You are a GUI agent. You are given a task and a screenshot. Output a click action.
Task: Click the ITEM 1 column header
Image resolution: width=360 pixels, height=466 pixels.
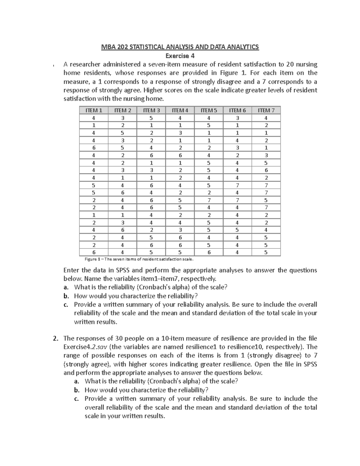pos(94,110)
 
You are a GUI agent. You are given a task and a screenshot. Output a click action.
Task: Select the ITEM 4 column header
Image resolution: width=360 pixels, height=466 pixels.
pos(180,110)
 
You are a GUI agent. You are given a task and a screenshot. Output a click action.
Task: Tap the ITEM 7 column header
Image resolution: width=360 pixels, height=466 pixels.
pos(266,110)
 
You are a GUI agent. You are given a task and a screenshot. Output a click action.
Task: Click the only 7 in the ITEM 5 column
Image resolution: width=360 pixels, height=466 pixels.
pos(209,200)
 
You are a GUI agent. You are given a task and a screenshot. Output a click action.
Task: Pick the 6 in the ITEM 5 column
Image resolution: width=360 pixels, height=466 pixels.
pos(209,252)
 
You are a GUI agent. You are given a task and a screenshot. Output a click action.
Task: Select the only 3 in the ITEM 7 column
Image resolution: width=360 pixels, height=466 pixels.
pos(266,155)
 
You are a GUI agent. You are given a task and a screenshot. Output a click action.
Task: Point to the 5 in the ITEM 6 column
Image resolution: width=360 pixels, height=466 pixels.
pos(237,230)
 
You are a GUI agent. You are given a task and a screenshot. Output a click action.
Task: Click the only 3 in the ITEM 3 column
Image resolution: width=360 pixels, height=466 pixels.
pos(151,170)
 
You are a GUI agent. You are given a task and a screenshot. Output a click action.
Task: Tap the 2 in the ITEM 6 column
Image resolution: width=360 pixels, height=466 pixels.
pos(237,155)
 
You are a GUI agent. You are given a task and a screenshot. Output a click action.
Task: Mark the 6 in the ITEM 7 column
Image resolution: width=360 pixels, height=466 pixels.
pos(266,170)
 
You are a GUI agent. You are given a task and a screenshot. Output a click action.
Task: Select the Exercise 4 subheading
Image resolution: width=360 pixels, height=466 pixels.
pos(180,56)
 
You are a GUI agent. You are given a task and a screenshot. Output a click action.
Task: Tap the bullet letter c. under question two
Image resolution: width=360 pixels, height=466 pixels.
pos(76,399)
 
